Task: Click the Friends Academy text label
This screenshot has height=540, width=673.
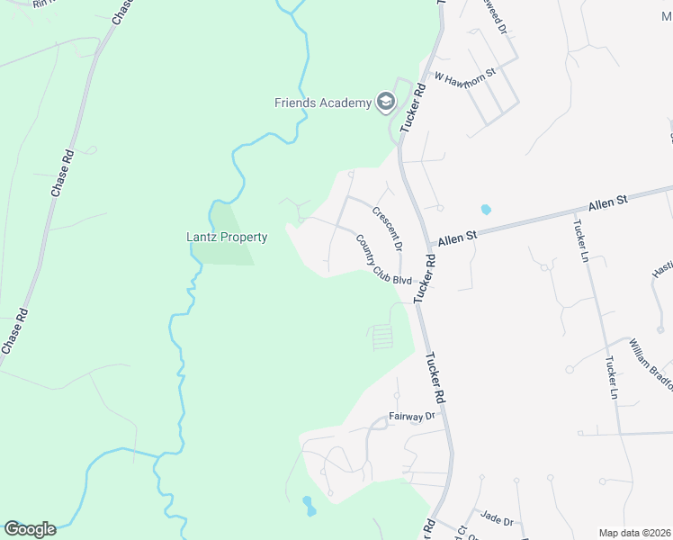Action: coord(323,103)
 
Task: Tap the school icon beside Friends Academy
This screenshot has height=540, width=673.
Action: coord(385,102)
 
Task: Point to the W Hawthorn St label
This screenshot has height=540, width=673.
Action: coord(465,76)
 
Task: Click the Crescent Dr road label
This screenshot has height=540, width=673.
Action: coord(387,228)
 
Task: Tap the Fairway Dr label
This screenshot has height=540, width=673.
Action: coord(411,416)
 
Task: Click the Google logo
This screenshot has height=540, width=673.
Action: coord(30,529)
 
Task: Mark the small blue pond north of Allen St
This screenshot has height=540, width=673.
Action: coord(487,209)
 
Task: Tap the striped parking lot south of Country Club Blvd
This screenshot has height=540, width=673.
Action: coord(382,337)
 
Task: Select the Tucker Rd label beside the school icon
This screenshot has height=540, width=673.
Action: coord(413,111)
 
